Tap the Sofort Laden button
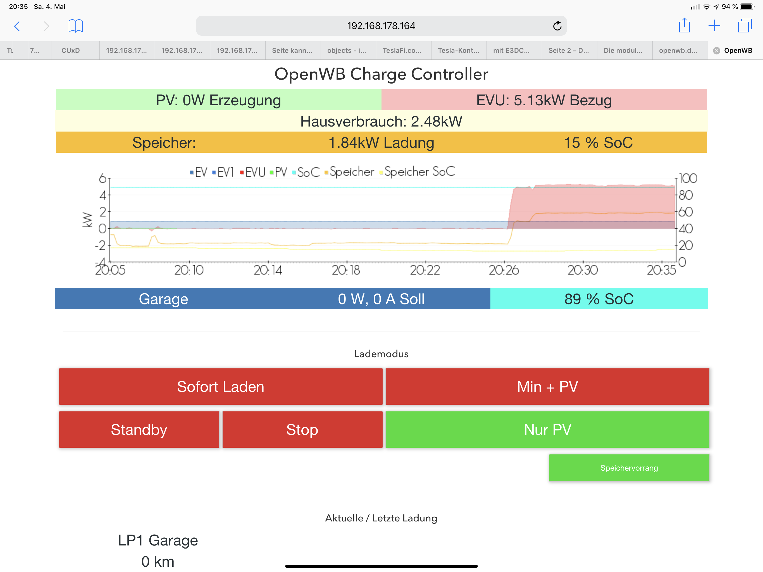pos(220,386)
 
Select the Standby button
pos(139,430)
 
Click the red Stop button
pos(302,430)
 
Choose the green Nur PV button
pos(547,430)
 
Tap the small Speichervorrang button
pos(629,468)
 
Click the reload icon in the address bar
pos(557,26)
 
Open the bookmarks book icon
pos(75,26)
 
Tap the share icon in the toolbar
pos(684,26)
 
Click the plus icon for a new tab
pos(714,26)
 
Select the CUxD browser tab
pos(71,50)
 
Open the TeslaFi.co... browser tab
pos(402,50)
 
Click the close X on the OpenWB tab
pos(716,51)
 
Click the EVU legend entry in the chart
pos(252,172)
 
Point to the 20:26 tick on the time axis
pos(504,270)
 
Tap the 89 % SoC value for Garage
pos(599,299)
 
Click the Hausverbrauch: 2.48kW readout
pos(381,121)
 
